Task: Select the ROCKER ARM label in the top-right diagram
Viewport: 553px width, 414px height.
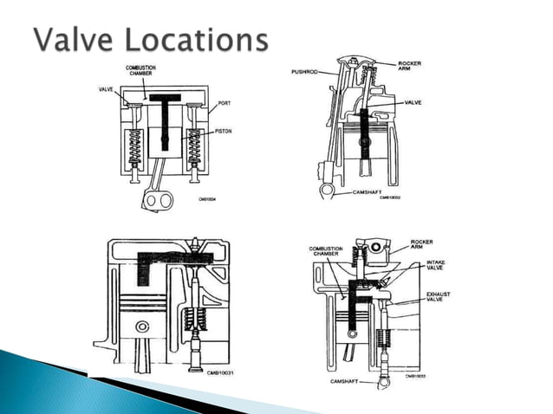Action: pyautogui.click(x=409, y=67)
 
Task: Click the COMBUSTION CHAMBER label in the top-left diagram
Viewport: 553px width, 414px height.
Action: pyautogui.click(x=140, y=70)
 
